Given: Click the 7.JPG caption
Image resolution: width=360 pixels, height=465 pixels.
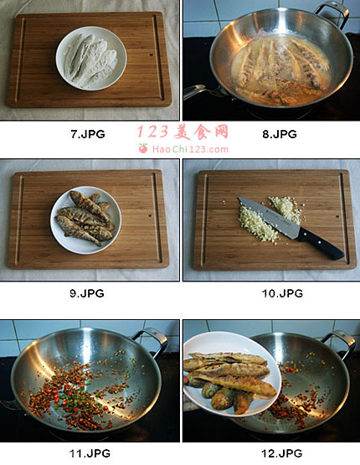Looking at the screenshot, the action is tap(88, 134).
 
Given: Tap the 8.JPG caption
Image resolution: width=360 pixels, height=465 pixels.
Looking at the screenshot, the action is tap(280, 134).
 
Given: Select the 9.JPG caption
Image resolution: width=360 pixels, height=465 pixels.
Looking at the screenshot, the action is tap(87, 293).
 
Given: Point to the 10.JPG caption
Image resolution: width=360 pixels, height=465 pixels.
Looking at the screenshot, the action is tap(282, 293).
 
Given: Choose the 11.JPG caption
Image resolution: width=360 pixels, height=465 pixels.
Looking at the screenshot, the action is tap(90, 453).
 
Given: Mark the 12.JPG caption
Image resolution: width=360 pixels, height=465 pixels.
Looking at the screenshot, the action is tap(282, 453).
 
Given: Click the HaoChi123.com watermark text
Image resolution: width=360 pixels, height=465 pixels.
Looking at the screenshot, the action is tap(190, 149).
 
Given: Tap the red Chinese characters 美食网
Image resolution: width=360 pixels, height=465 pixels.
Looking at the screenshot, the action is tap(201, 132).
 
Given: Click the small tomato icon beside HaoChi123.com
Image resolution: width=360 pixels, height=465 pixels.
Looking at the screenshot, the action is tap(143, 148).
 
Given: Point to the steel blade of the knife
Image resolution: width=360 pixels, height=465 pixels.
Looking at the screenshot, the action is tap(269, 218).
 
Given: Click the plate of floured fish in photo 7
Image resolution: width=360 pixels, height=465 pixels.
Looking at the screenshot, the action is tap(91, 58).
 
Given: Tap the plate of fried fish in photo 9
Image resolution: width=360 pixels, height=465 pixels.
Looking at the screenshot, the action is tap(85, 220).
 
